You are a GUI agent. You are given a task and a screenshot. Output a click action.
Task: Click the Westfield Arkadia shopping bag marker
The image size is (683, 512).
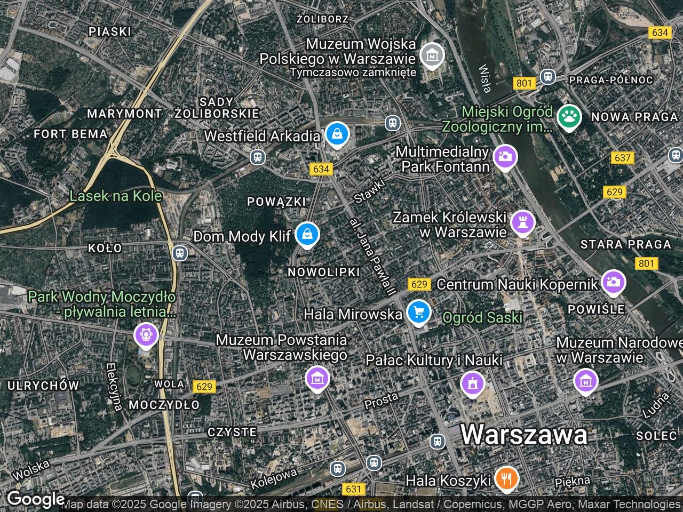tap(337, 134)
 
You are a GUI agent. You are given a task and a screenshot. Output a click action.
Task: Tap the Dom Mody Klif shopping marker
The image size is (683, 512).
tap(307, 234)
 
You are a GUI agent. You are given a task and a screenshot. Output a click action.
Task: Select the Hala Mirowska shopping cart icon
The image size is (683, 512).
tap(419, 313)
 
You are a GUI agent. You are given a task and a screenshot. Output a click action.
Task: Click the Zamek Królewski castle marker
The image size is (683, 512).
tap(523, 222)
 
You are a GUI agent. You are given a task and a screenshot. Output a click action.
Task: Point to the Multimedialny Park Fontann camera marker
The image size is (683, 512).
tap(505, 157)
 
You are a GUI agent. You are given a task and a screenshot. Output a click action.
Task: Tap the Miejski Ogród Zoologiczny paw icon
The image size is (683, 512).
tap(569, 117)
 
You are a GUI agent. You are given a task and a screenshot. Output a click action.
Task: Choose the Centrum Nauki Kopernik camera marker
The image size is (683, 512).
tap(614, 282)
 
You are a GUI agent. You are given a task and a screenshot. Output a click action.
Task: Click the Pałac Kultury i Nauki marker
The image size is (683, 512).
tap(473, 383)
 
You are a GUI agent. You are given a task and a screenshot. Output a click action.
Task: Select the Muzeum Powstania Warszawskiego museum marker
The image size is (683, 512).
tap(317, 379)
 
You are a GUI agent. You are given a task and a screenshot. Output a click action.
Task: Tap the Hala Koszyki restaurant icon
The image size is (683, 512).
tap(506, 478)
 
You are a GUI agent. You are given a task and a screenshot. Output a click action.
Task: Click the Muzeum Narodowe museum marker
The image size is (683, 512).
tap(585, 381)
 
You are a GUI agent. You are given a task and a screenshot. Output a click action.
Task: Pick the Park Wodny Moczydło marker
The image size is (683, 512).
tap(146, 335)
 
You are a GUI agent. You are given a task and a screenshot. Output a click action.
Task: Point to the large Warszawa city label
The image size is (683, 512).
tap(523, 434)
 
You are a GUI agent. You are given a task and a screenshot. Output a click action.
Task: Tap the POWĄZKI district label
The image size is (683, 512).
tap(276, 202)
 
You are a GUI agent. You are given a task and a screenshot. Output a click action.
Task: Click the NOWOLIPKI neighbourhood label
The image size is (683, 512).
tap(324, 272)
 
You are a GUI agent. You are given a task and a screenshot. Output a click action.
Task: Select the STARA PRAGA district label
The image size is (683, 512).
tap(625, 244)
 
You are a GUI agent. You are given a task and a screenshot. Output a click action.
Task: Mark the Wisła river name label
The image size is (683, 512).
tap(485, 78)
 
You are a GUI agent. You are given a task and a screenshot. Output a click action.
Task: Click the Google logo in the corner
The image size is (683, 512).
tap(35, 499)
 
